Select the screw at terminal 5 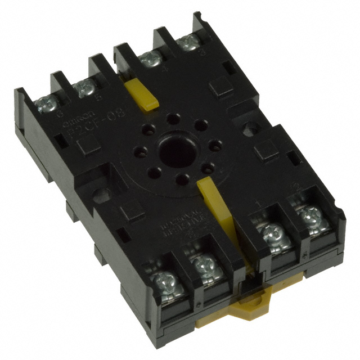(84, 86)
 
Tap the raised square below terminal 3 (219, 88)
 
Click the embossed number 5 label (99, 94)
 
